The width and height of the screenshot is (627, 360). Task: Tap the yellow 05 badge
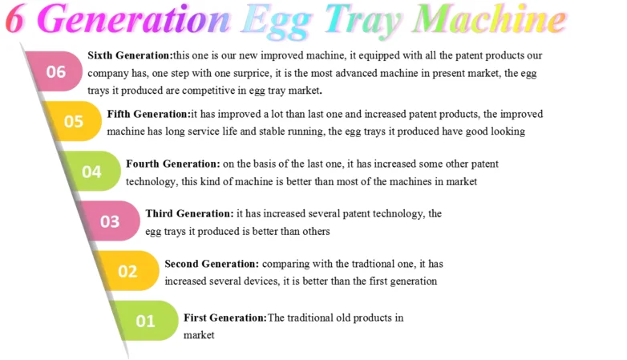pos(73,121)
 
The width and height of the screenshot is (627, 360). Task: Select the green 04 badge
pos(91,172)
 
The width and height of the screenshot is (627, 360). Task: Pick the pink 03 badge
pos(110,220)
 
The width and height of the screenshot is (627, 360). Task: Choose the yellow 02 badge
pos(128,271)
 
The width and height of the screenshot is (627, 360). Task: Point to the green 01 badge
pos(146,321)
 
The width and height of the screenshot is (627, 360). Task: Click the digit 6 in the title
pos(14,18)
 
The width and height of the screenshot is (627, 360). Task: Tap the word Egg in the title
pos(277,22)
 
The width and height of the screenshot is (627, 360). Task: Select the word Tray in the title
pos(362,22)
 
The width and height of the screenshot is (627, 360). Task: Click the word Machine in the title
pos(489,18)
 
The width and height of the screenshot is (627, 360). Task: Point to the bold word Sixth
pos(100,55)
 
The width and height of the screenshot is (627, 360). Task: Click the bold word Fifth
pos(119,114)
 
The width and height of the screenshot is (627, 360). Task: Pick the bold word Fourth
pos(143,164)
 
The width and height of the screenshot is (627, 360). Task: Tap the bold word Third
pos(159,213)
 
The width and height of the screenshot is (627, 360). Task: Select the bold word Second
pos(181,264)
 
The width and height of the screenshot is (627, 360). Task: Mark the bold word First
pos(195,318)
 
